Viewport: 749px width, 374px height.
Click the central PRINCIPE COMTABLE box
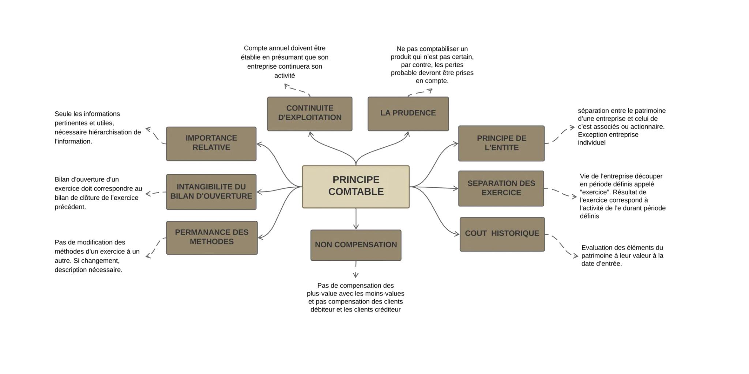[355, 187]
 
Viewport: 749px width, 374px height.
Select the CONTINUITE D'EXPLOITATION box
[309, 114]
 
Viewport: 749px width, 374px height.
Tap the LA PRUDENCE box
[408, 114]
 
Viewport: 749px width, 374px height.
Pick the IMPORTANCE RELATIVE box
[211, 144]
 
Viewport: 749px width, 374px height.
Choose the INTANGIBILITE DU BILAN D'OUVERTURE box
[211, 192]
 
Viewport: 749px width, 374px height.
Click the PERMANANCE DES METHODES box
[212, 237]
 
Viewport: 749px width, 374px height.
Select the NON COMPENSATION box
[355, 245]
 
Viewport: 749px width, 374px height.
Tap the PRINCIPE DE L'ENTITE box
[501, 143]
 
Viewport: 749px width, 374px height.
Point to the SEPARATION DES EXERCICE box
[501, 188]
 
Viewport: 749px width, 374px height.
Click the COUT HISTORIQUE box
[502, 234]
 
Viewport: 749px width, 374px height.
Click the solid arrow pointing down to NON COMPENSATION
[356, 219]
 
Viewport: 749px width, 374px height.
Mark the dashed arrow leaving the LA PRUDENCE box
[421, 92]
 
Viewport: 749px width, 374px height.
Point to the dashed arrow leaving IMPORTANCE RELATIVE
[155, 136]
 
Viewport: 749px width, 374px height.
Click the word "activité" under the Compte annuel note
[285, 76]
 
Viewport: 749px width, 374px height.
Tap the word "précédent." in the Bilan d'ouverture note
[70, 207]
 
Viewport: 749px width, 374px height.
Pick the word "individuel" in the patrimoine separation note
[591, 143]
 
